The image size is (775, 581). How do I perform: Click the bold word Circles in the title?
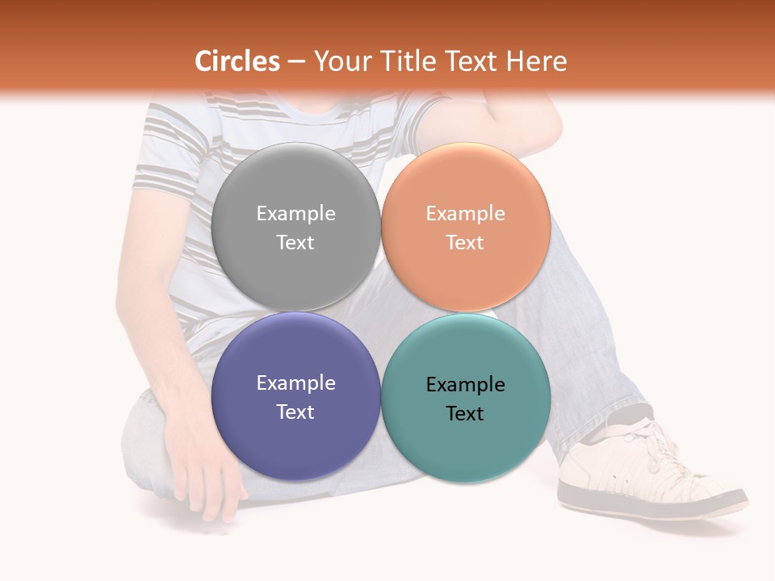tap(237, 61)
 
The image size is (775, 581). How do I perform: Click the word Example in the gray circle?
tap(295, 213)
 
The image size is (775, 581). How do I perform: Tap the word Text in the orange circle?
tap(465, 242)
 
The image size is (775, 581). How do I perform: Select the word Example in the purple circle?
tap(295, 382)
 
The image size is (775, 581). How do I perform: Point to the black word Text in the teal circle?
tap(465, 413)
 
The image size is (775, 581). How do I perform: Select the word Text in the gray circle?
tap(295, 242)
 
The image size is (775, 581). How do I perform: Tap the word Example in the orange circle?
tap(465, 213)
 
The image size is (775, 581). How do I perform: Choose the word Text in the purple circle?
tap(295, 412)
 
